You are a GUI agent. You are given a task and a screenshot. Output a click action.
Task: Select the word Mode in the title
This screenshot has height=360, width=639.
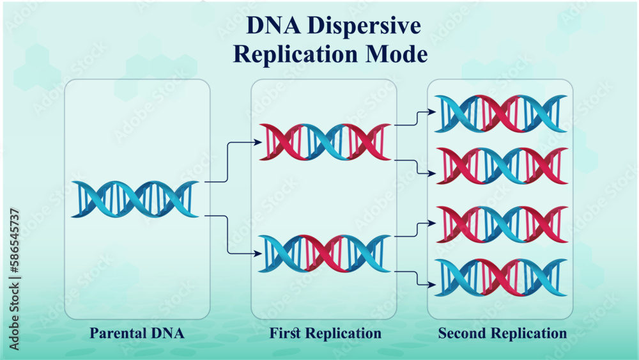(396, 54)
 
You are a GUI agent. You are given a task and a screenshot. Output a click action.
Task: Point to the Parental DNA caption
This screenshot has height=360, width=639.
(137, 333)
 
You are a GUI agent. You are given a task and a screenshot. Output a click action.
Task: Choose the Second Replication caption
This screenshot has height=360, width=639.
(502, 333)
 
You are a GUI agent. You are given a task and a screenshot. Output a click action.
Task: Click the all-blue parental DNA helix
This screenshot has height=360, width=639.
(135, 199)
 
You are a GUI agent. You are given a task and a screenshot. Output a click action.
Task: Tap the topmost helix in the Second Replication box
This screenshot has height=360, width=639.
(501, 114)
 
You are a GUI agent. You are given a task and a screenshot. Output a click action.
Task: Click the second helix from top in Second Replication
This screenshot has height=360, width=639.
(501, 166)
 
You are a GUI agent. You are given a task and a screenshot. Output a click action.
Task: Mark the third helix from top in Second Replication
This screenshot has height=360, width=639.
(501, 224)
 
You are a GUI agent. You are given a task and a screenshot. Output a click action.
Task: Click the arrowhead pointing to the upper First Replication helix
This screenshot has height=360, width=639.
(258, 142)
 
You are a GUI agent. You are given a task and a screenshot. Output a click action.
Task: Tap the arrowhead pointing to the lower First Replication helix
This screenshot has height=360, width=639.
(258, 254)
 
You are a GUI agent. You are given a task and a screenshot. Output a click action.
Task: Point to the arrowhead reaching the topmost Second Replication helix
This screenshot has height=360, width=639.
(433, 113)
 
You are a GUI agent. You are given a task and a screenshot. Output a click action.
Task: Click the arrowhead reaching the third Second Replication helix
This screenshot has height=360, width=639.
(433, 224)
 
